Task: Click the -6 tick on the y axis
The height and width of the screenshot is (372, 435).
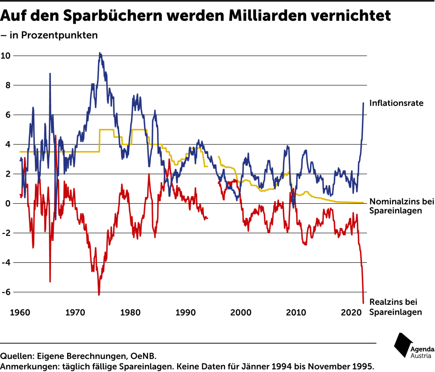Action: click(6, 292)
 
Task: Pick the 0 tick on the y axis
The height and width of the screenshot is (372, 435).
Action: click(8, 204)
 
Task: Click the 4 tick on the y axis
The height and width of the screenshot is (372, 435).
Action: click(8, 145)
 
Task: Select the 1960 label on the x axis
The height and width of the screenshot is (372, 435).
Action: click(19, 312)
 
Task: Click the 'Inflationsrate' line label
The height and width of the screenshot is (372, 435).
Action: click(396, 103)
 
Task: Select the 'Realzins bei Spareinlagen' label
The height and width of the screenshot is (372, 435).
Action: click(396, 307)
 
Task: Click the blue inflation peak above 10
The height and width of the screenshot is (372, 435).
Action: click(100, 54)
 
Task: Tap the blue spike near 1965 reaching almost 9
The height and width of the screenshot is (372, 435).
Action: click(50, 74)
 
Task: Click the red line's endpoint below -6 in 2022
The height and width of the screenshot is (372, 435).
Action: click(364, 303)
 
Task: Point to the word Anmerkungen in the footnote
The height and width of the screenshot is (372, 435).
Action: click(28, 366)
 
